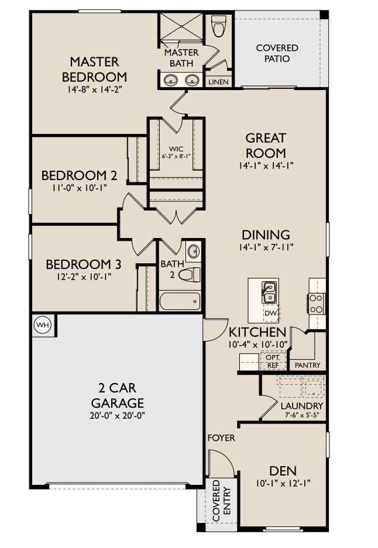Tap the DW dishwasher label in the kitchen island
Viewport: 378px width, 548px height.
pos(270,313)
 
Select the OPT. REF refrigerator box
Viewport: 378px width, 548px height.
pos(273,361)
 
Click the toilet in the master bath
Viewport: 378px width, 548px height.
pos(219,26)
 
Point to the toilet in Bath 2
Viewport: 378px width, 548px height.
pos(188,274)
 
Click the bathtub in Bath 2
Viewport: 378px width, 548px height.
pos(180,301)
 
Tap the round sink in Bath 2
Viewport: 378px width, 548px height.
pos(193,253)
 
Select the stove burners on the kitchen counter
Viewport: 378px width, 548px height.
pos(316,303)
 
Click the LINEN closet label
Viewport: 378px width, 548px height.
pos(218,82)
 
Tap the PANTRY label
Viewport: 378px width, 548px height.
pos(308,366)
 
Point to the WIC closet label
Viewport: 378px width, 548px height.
pos(176,149)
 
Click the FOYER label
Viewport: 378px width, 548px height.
pos(222,437)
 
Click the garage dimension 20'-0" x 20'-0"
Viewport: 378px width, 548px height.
pos(117,415)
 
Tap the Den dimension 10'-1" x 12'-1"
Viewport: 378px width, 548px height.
pos(283,483)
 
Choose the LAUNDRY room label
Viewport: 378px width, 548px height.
pos(301,406)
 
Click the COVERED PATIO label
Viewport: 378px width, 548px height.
pos(277,53)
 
